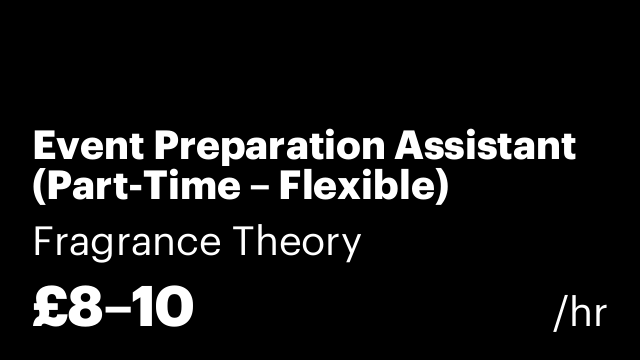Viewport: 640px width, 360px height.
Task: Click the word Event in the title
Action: [77, 147]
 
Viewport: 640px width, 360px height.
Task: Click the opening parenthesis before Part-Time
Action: [39, 188]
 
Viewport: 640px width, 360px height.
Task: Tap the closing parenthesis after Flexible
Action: [440, 188]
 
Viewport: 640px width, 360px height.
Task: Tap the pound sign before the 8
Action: [50, 307]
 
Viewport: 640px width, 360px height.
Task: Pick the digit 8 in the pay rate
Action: [87, 307]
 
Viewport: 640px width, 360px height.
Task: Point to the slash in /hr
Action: [560, 313]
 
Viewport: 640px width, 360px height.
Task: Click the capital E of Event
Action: [43, 147]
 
